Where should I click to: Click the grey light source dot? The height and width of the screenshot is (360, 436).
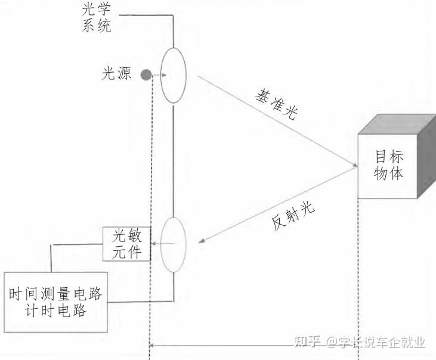tap(145, 75)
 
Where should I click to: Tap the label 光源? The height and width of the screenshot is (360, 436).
tap(116, 73)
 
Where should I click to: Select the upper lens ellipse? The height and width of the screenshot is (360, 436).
tap(174, 76)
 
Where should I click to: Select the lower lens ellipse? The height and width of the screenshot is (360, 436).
tap(174, 244)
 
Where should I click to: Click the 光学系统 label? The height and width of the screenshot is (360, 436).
tap(96, 17)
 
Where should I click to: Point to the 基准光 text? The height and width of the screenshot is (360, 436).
tap(275, 106)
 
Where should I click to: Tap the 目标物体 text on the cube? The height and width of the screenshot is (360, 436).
tap(389, 165)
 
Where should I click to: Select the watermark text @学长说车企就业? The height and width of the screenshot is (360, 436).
tap(376, 342)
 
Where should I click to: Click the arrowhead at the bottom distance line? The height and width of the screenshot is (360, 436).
tap(153, 344)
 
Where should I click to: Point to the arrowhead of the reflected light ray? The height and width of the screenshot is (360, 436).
tap(202, 241)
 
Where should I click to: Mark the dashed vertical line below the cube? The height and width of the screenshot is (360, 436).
tap(358, 274)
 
